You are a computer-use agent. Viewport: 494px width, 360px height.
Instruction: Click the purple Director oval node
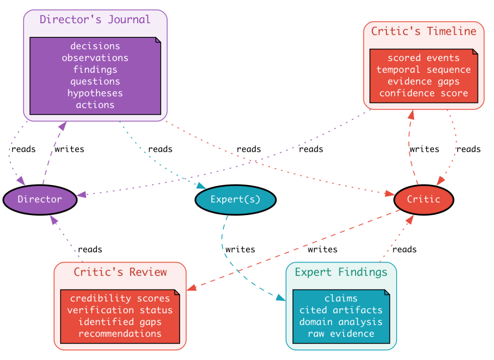tap(40, 199)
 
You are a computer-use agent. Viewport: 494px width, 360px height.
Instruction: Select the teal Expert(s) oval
tap(235, 199)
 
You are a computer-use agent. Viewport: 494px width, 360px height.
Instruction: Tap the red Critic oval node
tap(423, 199)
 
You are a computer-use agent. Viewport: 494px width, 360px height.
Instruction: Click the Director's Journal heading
tap(95, 20)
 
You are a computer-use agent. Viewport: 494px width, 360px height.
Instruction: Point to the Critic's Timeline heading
tap(423, 31)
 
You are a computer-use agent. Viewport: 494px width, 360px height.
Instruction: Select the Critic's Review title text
tap(120, 272)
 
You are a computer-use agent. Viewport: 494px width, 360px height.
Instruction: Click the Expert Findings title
tap(341, 272)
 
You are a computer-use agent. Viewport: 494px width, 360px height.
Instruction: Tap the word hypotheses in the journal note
tap(95, 93)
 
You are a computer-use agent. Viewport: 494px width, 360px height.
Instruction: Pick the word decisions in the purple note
tap(95, 46)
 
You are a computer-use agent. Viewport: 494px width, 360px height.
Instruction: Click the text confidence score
tap(423, 93)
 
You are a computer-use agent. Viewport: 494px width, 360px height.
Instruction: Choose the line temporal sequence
tap(423, 69)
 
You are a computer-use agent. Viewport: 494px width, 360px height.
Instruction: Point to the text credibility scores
tap(120, 298)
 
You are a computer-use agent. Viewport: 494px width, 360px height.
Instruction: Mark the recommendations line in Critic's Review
tap(120, 333)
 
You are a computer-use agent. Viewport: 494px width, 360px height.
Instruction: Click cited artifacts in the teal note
tap(341, 310)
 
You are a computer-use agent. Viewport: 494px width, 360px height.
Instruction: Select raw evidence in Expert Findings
tap(341, 333)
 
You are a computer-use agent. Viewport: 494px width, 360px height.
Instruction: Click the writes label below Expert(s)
tap(240, 249)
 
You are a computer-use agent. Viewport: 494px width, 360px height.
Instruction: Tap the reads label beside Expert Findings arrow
tap(404, 249)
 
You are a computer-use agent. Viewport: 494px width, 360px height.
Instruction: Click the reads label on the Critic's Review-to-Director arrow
tap(90, 249)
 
